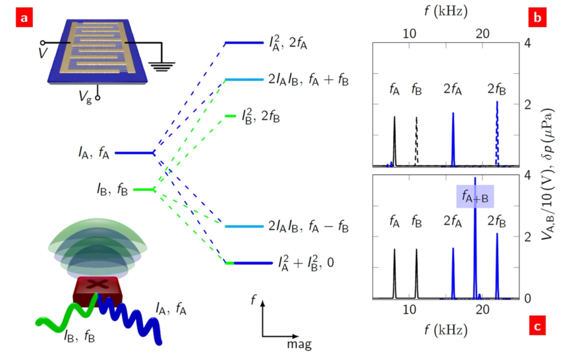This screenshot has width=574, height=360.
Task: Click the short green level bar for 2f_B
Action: pos(230,116)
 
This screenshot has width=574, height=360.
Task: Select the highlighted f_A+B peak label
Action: pos(475,196)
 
